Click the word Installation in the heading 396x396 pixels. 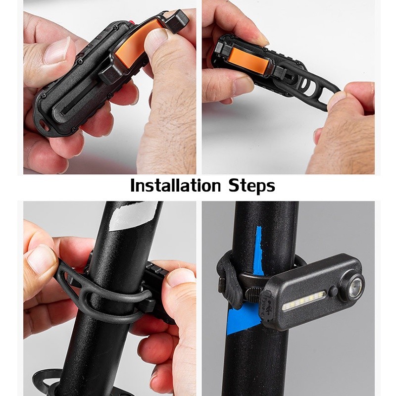click(x=176, y=186)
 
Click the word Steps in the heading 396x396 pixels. click(x=252, y=187)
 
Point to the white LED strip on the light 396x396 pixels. click(x=303, y=302)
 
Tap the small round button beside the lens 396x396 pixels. click(x=333, y=292)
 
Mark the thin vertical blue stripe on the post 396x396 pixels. click(x=258, y=251)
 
